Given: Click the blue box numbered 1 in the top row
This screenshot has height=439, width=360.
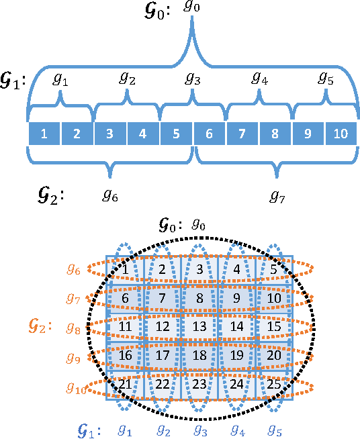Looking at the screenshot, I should (44, 134).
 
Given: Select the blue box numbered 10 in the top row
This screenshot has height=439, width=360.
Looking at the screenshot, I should (341, 134).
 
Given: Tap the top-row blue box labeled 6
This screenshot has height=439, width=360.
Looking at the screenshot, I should (209, 134).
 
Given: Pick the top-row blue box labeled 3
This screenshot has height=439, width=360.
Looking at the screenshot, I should (109, 134).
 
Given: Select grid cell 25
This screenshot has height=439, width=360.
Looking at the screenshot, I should (273, 384).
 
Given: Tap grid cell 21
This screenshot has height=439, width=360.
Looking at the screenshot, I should (124, 384).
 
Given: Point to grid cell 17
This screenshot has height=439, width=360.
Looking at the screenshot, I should (161, 355).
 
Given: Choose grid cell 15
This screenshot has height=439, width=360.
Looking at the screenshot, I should (273, 326).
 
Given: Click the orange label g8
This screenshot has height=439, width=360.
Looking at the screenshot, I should (73, 328).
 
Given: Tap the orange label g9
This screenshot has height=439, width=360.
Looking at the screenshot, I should (73, 358).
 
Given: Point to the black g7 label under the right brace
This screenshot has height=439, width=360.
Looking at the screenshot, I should (278, 196).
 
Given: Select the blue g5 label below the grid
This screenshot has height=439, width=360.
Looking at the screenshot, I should (274, 428).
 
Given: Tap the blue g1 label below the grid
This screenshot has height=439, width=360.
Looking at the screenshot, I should (126, 428).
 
